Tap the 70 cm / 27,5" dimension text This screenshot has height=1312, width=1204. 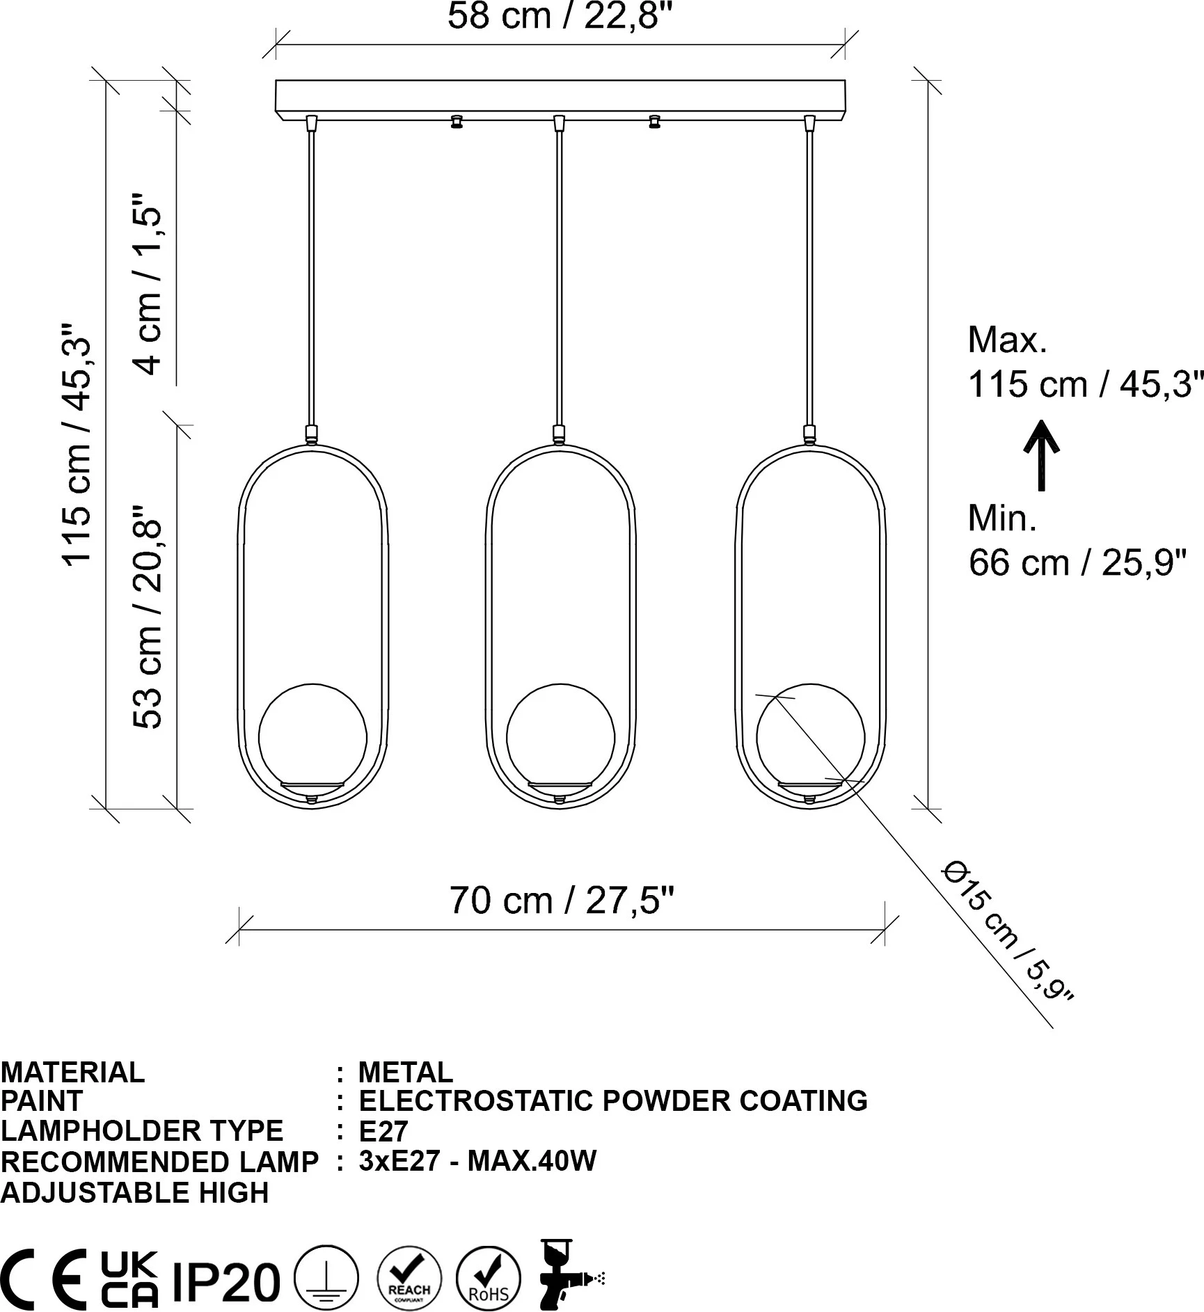pos(562,900)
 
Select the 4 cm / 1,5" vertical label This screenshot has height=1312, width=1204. pos(148,283)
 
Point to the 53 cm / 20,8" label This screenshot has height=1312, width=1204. pos(148,617)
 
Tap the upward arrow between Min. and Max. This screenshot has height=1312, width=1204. pos(1041,455)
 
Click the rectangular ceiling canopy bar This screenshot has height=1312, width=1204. pos(560,100)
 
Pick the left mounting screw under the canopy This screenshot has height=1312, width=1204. pos(457,122)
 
